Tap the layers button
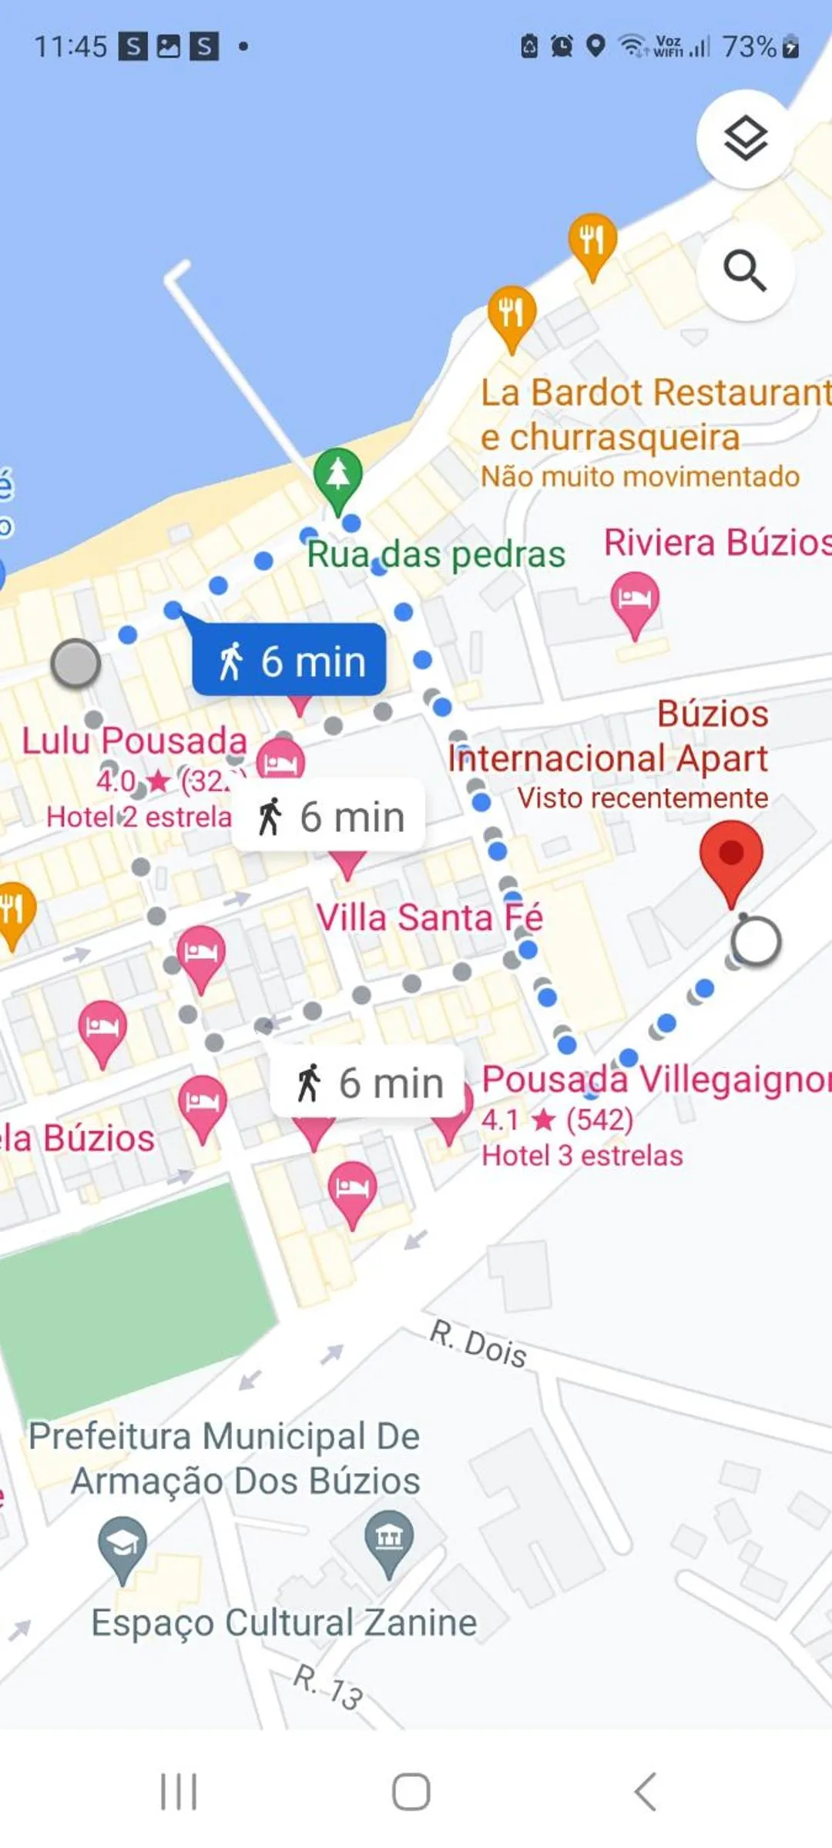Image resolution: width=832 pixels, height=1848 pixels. [745, 139]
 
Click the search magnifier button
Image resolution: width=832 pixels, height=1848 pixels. [745, 271]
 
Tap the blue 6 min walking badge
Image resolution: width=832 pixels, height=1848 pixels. [290, 661]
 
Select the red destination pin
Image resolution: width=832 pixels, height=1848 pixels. [730, 857]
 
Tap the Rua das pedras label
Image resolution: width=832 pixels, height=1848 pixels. [436, 554]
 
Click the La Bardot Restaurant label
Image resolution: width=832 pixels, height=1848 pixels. [655, 393]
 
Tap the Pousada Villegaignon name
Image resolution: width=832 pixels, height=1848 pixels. [655, 1079]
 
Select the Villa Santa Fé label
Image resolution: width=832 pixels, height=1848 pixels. [429, 917]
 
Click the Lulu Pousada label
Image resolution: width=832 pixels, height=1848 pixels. [134, 741]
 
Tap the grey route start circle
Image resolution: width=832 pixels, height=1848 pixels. [75, 663]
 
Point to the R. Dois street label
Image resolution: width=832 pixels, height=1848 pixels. [478, 1343]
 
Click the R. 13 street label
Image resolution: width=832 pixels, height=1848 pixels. [328, 1686]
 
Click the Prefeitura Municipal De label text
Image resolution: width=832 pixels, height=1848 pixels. [224, 1437]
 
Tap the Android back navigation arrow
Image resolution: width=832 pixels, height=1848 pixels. [646, 1791]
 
